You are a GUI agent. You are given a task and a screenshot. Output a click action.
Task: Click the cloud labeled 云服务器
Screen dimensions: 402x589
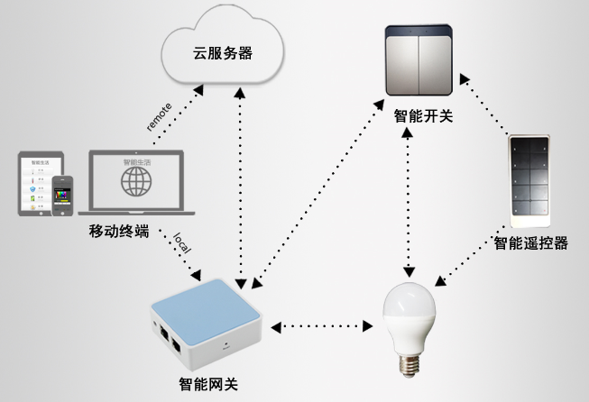(222, 52)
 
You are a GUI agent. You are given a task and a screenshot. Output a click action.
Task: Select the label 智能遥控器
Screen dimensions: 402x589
(531, 242)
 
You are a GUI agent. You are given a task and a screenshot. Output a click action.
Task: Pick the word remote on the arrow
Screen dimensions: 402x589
(159, 116)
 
